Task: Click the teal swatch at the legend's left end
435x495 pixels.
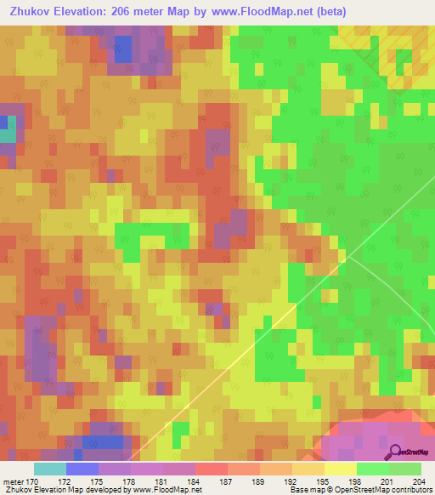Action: (x=49, y=469)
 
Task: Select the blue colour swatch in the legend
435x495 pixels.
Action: (x=82, y=469)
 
